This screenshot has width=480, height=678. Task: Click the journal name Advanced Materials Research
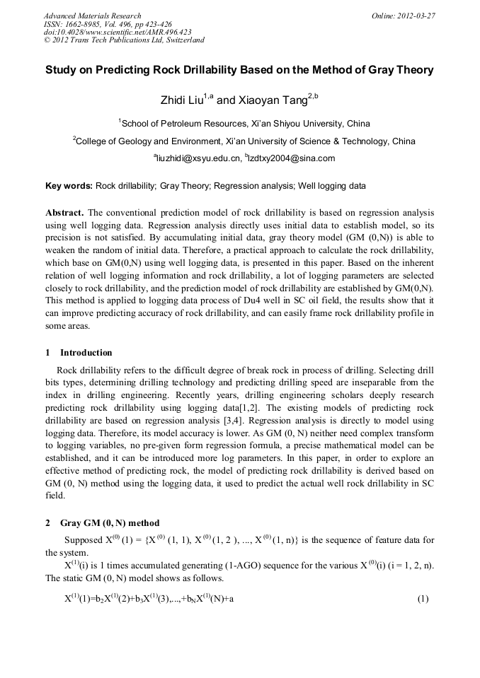point(92,16)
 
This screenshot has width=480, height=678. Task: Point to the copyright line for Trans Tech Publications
point(124,40)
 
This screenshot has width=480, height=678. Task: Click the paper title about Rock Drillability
point(239,70)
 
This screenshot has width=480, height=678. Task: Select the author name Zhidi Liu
point(185,100)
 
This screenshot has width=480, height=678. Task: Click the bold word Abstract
point(64,213)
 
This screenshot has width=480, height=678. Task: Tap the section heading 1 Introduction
point(79,353)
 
